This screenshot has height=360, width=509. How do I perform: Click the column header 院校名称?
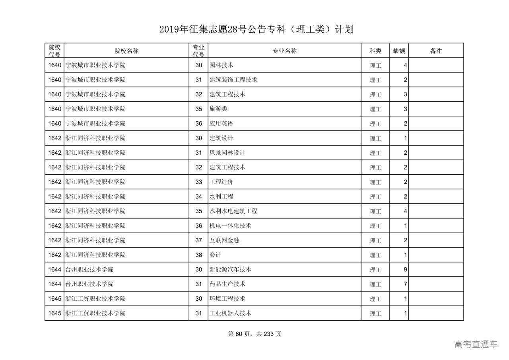(126, 51)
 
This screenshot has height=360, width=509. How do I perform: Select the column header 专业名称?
(284, 51)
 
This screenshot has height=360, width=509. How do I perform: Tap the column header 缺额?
(399, 51)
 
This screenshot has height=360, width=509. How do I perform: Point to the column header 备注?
(436, 51)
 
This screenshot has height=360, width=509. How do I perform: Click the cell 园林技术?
(221, 65)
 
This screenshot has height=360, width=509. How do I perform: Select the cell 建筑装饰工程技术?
(233, 80)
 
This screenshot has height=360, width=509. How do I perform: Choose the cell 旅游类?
(218, 109)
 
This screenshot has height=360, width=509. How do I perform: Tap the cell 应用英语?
(221, 124)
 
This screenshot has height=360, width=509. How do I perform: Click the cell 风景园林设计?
(227, 153)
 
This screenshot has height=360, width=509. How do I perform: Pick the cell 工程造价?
(221, 182)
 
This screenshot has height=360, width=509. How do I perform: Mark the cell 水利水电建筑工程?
(233, 211)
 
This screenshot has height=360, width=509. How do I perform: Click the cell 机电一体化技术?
(230, 226)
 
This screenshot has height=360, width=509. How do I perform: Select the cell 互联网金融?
(224, 240)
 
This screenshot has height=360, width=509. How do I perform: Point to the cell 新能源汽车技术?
(230, 269)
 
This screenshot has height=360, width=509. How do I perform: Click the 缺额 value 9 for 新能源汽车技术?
(405, 270)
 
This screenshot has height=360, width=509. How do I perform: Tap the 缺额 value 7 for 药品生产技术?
(405, 284)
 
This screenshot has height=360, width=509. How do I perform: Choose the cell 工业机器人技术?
(230, 313)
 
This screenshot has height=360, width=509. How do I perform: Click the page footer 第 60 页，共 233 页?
(254, 334)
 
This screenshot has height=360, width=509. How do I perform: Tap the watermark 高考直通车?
(476, 344)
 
